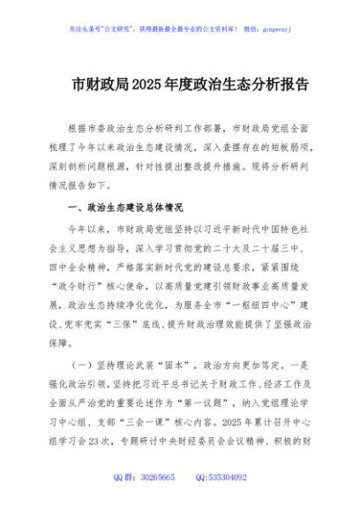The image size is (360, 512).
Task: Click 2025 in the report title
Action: pos(147,86)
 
